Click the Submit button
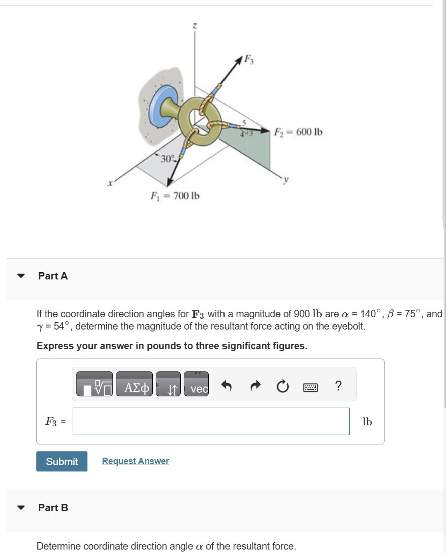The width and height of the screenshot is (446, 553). click(x=62, y=461)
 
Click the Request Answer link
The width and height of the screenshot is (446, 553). click(x=135, y=461)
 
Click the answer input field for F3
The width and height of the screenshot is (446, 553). click(x=211, y=421)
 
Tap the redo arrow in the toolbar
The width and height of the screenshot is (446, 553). click(x=254, y=387)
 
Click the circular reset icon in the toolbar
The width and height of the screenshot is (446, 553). click(x=282, y=387)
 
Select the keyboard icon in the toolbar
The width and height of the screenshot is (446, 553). click(x=310, y=387)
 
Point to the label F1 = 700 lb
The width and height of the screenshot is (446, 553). click(x=175, y=196)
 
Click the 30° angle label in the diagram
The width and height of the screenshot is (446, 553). click(x=167, y=159)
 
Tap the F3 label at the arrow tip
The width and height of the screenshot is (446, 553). click(x=250, y=61)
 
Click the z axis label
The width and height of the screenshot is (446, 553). click(x=195, y=26)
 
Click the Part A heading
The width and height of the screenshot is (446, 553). click(x=53, y=276)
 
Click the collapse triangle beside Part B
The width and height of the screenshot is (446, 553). click(x=21, y=508)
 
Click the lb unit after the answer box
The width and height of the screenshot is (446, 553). click(x=367, y=421)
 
